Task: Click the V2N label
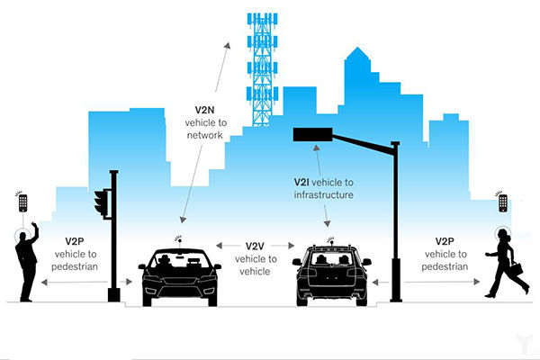pyautogui.click(x=204, y=110)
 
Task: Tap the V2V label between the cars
pyautogui.click(x=255, y=247)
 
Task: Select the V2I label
pyautogui.click(x=301, y=182)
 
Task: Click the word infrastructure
pyautogui.click(x=324, y=195)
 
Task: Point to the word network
pyautogui.click(x=205, y=135)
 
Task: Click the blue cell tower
pyautogui.click(x=262, y=69)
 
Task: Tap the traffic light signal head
pyautogui.click(x=101, y=202)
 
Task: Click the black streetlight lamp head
pyautogui.click(x=312, y=134)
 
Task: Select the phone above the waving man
pyautogui.click(x=23, y=203)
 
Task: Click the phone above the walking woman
pyautogui.click(x=503, y=203)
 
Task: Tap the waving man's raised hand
pyautogui.click(x=34, y=226)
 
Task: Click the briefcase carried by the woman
pyautogui.click(x=517, y=269)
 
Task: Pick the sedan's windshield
pyautogui.click(x=179, y=260)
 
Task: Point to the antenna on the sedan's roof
pyautogui.click(x=179, y=242)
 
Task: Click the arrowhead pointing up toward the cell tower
pyautogui.click(x=228, y=46)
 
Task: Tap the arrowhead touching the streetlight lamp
pyautogui.click(x=316, y=148)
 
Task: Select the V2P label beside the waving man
pyautogui.click(x=75, y=241)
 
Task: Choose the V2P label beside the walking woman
pyautogui.click(x=445, y=241)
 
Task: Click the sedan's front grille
pyautogui.click(x=179, y=281)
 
